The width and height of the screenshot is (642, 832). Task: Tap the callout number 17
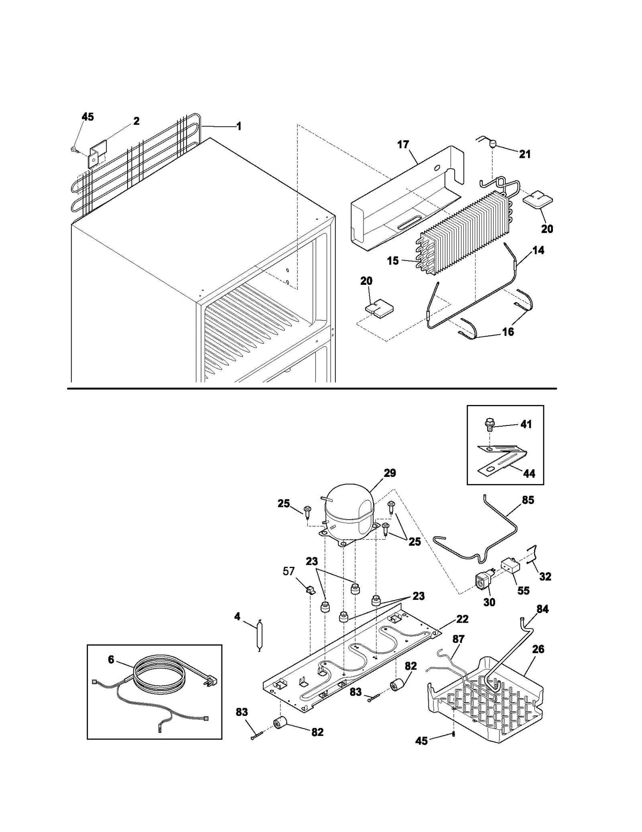[x=403, y=145]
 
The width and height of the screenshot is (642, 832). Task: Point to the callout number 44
[x=529, y=474]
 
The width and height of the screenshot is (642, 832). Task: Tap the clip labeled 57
[x=310, y=590]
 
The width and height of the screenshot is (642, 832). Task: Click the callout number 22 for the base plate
[x=462, y=619]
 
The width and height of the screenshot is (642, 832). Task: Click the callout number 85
[x=528, y=500]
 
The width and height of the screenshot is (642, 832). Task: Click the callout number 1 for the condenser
[x=239, y=127]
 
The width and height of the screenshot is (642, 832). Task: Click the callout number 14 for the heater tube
[x=538, y=250]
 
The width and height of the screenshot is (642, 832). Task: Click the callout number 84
[x=542, y=609]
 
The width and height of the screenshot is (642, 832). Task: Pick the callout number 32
[x=545, y=576]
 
